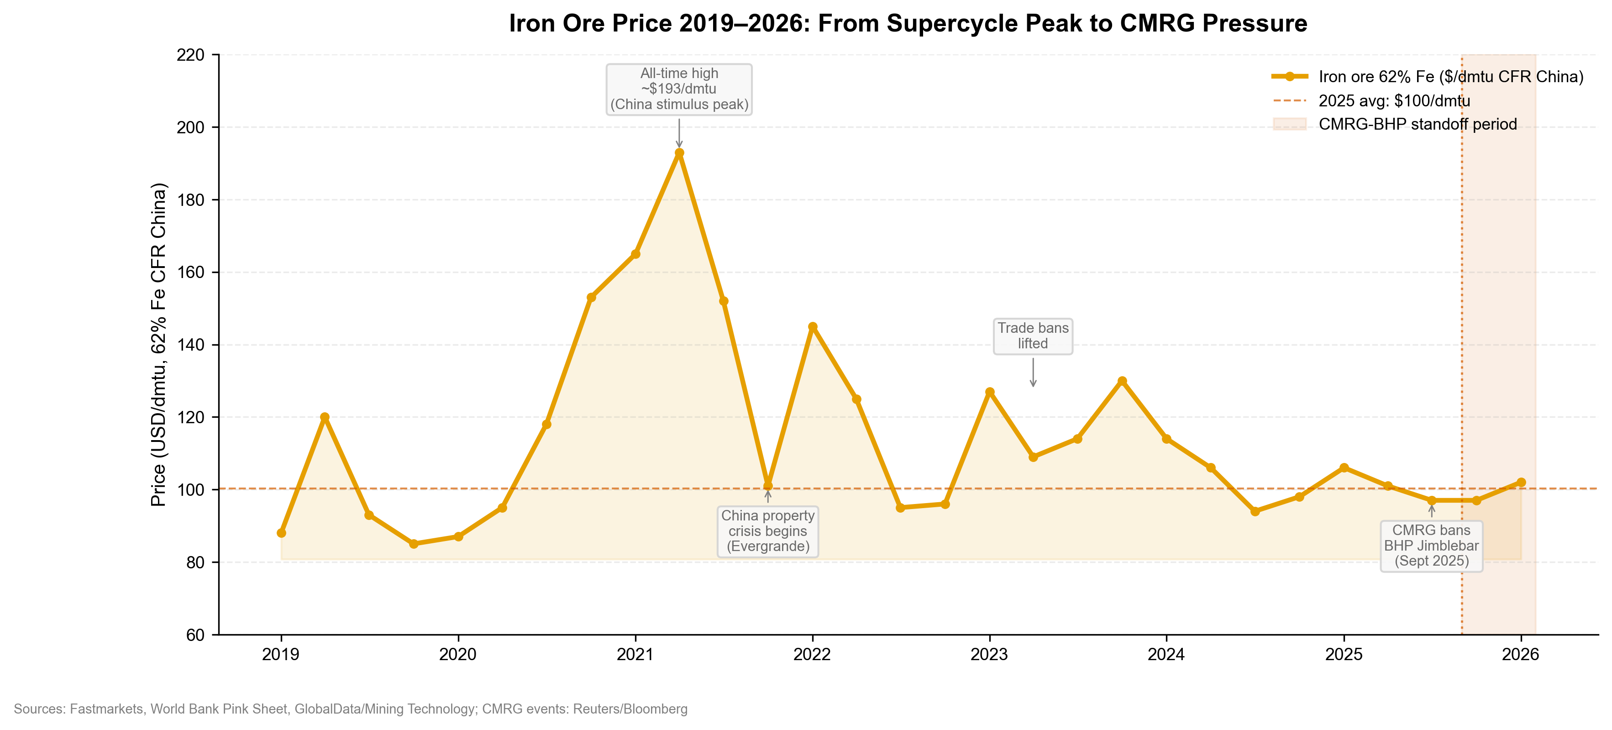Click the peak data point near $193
click(679, 152)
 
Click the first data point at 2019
click(281, 533)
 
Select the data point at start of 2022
click(812, 326)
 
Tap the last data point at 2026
click(1521, 482)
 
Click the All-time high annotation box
click(679, 89)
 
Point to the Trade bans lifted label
click(1033, 336)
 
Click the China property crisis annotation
click(768, 531)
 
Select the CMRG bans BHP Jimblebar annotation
click(1431, 546)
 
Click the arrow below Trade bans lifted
click(1033, 372)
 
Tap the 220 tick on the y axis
click(190, 55)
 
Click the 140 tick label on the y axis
click(190, 345)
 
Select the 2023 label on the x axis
click(989, 654)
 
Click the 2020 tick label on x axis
click(457, 654)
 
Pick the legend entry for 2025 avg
click(1394, 101)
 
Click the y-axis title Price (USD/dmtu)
click(159, 345)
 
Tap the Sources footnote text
click(351, 709)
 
